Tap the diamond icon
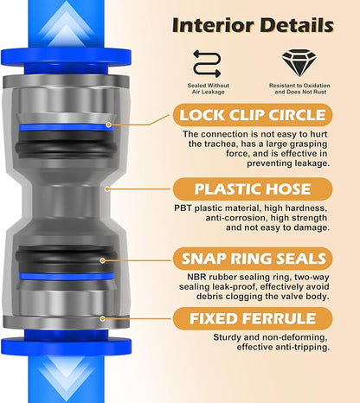299,63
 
